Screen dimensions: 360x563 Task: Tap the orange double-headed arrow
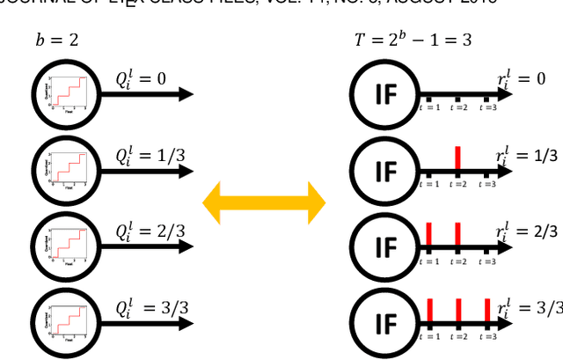coord(264,203)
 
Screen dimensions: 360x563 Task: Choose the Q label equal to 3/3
coord(146,308)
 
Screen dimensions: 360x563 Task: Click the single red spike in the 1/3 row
coord(458,158)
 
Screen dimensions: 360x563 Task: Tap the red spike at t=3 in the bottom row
coord(487,311)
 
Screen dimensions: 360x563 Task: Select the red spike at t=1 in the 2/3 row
coord(428,234)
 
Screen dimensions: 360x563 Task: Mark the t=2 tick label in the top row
coord(458,107)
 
